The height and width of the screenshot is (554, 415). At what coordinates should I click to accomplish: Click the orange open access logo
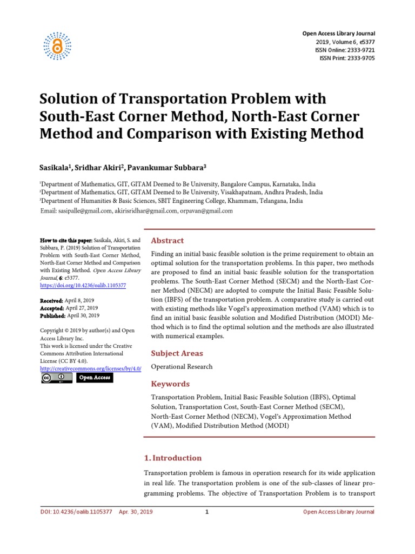pyautogui.click(x=57, y=44)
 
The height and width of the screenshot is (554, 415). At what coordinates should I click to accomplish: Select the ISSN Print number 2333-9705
pyautogui.click(x=362, y=58)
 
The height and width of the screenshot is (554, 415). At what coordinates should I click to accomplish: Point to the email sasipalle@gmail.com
pyautogui.click(x=85, y=211)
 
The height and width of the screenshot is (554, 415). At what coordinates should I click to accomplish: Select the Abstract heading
pyautogui.click(x=168, y=241)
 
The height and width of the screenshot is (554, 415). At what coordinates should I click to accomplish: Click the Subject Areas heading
pyautogui.click(x=177, y=353)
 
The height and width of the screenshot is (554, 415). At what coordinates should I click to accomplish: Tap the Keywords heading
pyautogui.click(x=170, y=384)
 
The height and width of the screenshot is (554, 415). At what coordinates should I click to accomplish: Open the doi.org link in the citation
pyautogui.click(x=83, y=285)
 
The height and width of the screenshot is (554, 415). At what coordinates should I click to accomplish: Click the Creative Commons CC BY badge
pyautogui.click(x=57, y=378)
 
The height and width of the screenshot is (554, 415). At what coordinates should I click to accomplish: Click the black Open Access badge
pyautogui.click(x=95, y=378)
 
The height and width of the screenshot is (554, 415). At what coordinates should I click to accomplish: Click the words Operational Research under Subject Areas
pyautogui.click(x=182, y=367)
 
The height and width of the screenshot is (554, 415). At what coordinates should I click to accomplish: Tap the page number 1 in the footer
pyautogui.click(x=207, y=512)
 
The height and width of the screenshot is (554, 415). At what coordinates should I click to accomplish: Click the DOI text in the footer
pyautogui.click(x=76, y=512)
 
